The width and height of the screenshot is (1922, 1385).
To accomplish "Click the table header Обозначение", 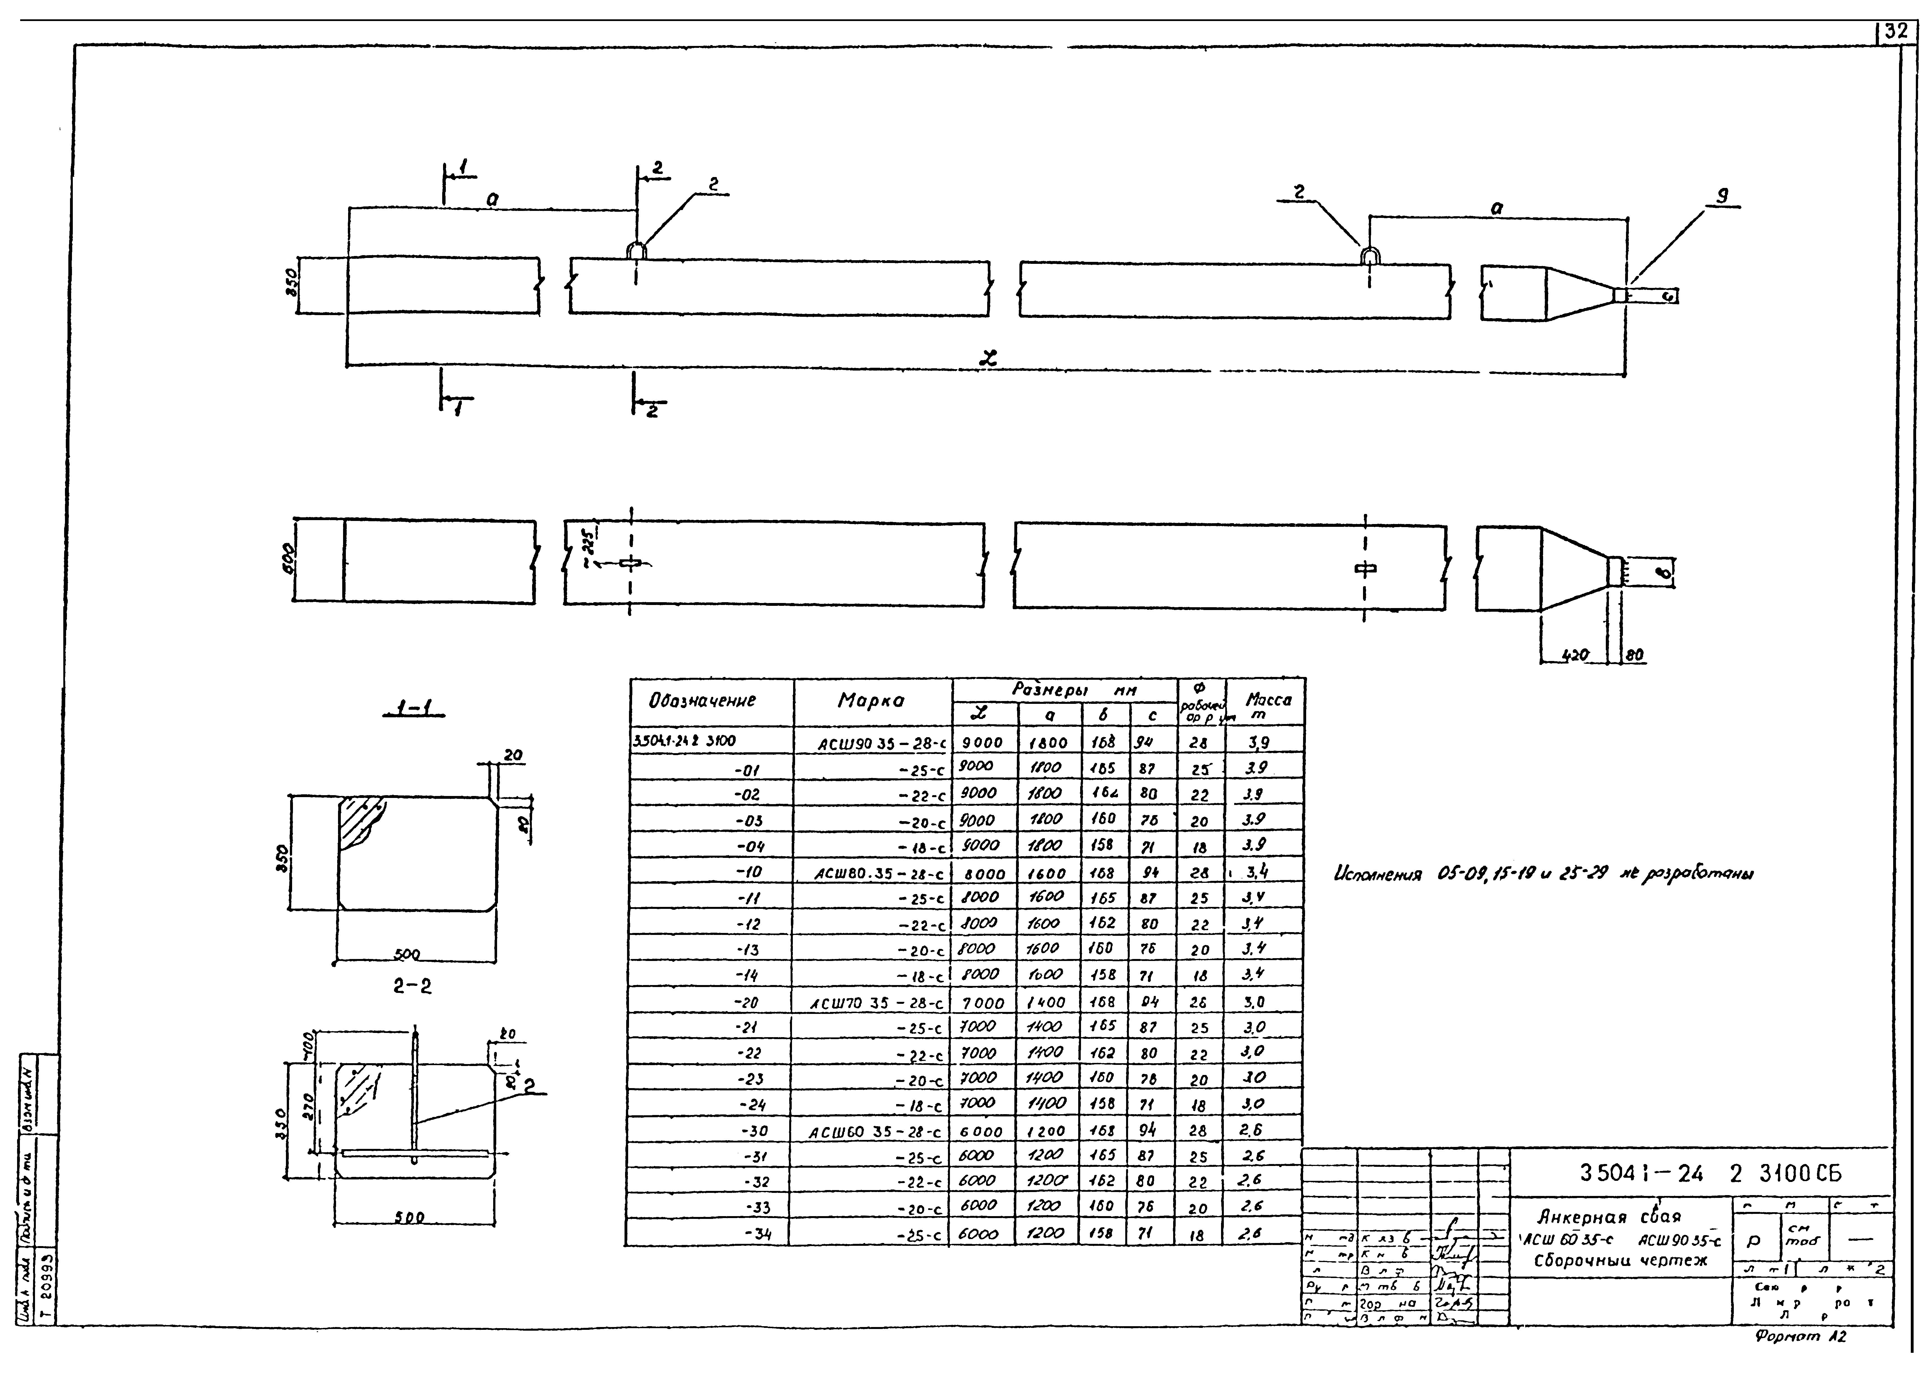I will click(702, 701).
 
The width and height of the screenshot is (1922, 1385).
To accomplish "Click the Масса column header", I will click(1268, 705).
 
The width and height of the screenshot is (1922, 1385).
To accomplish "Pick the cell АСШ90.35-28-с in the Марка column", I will click(881, 744).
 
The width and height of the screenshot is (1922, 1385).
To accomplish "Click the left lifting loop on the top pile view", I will click(637, 250).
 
